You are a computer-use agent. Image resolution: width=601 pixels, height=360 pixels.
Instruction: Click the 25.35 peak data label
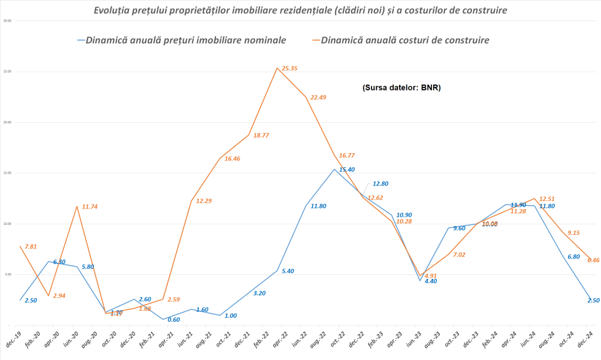(x=289, y=69)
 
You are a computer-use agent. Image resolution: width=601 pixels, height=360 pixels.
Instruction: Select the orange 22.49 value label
(x=318, y=97)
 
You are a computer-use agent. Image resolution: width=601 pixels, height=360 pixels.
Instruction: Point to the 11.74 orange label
(x=89, y=207)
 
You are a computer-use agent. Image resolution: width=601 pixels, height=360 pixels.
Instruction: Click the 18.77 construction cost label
(x=261, y=135)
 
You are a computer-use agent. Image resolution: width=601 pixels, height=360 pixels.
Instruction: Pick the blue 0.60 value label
(x=174, y=319)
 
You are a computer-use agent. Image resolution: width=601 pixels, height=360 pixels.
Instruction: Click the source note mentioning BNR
(x=401, y=88)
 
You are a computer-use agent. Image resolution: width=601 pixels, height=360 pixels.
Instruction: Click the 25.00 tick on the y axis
(x=8, y=72)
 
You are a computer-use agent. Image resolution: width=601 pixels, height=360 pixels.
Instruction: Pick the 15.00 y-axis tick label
(x=8, y=173)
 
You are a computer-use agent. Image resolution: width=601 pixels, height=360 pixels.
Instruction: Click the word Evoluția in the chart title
(x=117, y=10)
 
